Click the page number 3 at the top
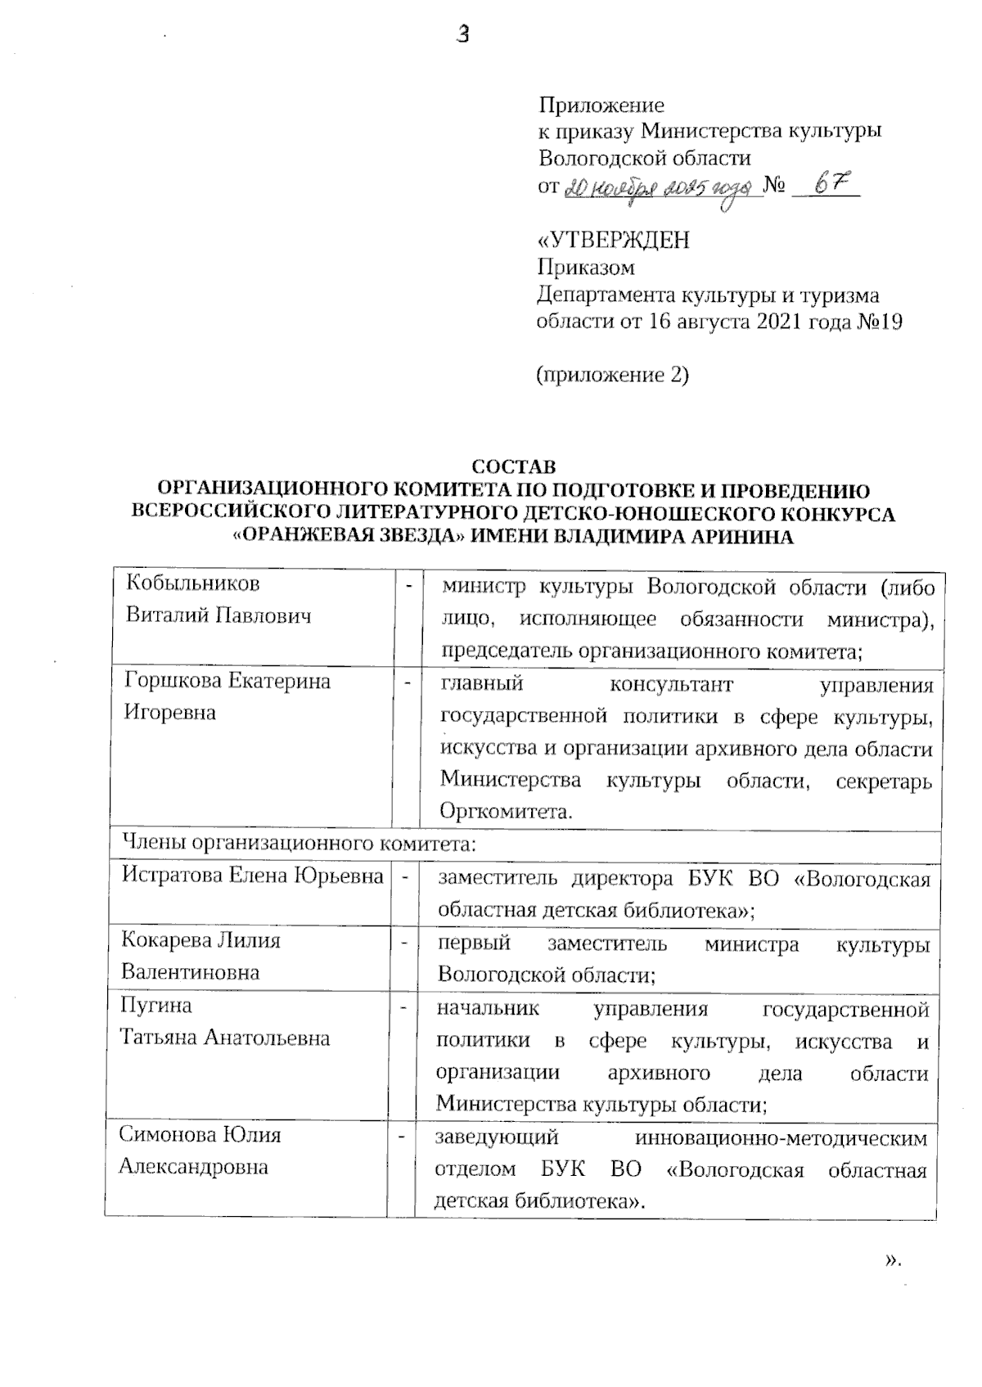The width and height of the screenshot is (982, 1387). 463,35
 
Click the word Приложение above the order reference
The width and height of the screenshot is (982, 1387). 601,106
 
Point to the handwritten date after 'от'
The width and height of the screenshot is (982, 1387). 659,188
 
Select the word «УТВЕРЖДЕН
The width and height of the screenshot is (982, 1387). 613,241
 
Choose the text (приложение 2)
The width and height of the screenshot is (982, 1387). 612,376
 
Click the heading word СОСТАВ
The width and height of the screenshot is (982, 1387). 514,467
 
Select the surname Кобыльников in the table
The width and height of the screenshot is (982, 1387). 192,584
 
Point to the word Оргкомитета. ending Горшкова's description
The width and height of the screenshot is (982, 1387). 505,813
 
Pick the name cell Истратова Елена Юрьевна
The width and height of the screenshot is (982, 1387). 252,876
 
